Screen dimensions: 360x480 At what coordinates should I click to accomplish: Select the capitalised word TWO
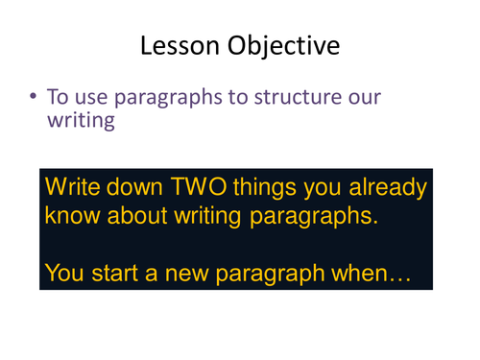pyautogui.click(x=219, y=185)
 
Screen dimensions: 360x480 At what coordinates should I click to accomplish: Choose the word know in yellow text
pyautogui.click(x=74, y=216)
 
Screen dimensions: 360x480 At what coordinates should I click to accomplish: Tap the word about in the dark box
pyautogui.click(x=153, y=216)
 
